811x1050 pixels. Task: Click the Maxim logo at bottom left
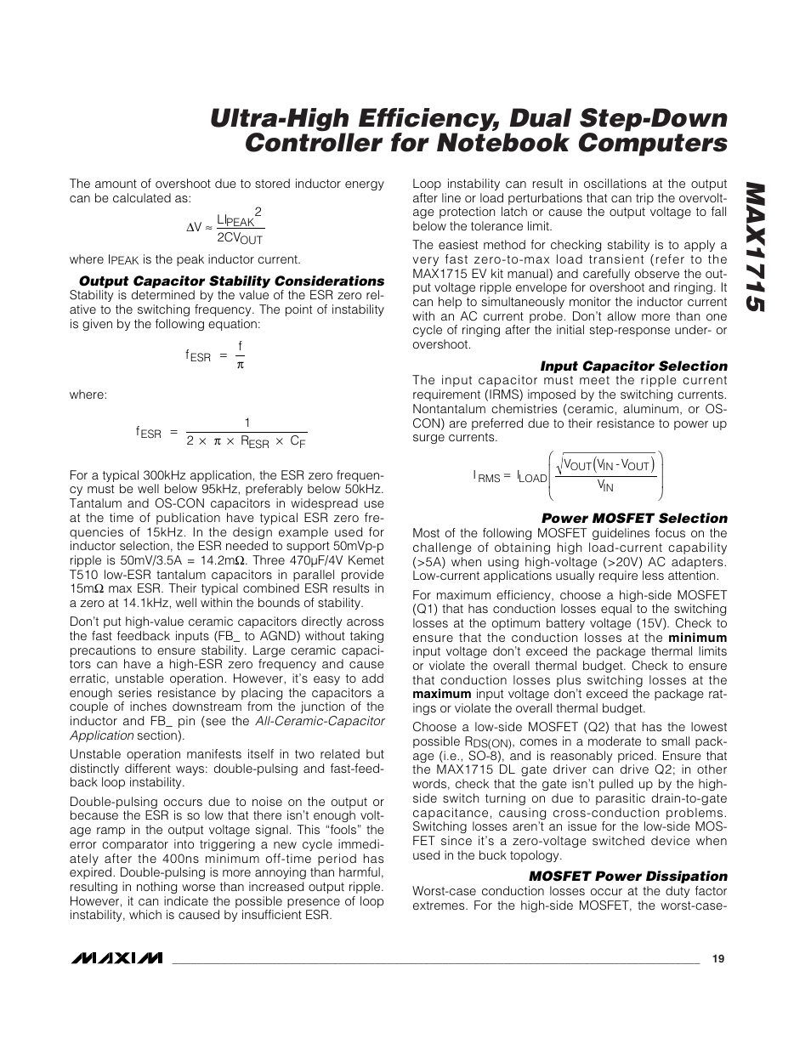[x=116, y=958]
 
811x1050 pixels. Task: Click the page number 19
[x=718, y=959]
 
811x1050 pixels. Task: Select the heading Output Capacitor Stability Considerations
[x=231, y=281]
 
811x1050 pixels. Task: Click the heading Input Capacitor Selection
[x=633, y=366]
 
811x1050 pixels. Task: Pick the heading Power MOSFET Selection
[x=634, y=519]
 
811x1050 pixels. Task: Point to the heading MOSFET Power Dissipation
[x=628, y=877]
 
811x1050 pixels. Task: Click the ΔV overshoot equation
[x=224, y=226]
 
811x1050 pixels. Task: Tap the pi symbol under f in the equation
[x=240, y=365]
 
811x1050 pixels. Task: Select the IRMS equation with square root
[x=568, y=476]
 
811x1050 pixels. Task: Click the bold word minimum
[x=697, y=638]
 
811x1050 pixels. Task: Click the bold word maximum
[x=441, y=694]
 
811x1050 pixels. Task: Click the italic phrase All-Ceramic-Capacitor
[x=320, y=721]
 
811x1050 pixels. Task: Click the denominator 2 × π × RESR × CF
[x=246, y=442]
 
